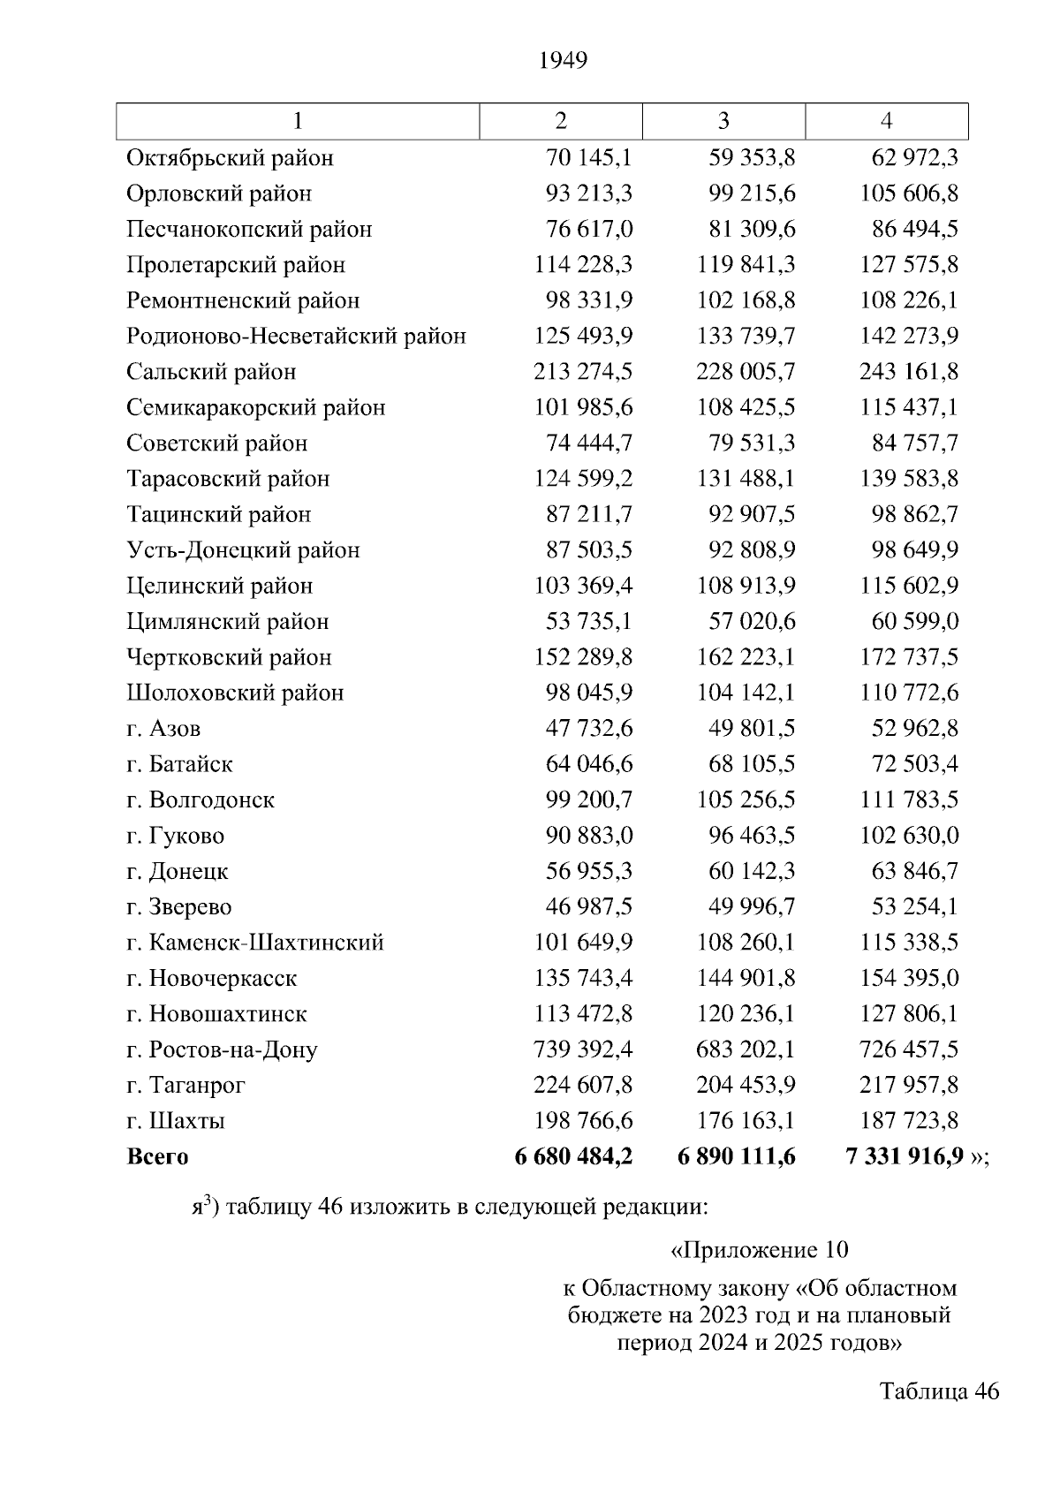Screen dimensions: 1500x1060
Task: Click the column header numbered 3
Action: click(723, 121)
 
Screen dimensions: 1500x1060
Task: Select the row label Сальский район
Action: click(211, 372)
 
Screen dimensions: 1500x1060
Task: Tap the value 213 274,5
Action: click(583, 372)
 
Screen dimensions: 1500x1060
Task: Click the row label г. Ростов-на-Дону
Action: click(222, 1050)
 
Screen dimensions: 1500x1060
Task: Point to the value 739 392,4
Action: click(583, 1049)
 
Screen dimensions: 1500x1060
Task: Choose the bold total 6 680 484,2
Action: click(573, 1156)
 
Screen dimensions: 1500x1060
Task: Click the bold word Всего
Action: click(157, 1157)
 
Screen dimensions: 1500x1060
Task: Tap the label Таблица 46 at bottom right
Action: click(939, 1391)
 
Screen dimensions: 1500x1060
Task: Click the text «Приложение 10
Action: click(760, 1250)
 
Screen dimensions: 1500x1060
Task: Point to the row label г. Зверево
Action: click(178, 907)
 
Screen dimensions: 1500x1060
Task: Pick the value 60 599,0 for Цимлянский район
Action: click(914, 622)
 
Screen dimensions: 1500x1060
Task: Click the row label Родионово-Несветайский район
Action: click(296, 337)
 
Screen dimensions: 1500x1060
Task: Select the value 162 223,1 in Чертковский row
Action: click(746, 657)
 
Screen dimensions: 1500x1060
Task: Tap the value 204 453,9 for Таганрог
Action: click(746, 1085)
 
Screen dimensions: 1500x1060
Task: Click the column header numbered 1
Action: click(298, 121)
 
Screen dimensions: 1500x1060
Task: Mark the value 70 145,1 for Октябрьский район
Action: click(588, 158)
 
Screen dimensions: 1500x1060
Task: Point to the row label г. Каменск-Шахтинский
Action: click(254, 943)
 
